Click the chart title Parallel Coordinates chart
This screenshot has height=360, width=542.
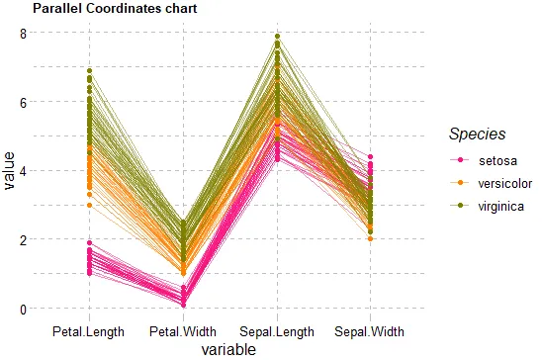tap(115, 8)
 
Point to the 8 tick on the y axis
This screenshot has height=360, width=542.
tap(23, 35)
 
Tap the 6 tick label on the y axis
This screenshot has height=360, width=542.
tap(23, 103)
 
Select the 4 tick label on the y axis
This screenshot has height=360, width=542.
tap(23, 172)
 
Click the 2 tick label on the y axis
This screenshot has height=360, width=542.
tap(23, 240)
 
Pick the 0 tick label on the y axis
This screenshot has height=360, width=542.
tap(23, 310)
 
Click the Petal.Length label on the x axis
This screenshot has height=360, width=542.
tap(88, 332)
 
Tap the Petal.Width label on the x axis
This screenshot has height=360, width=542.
tap(183, 332)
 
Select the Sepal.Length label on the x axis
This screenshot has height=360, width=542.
tap(277, 332)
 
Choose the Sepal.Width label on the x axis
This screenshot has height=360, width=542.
tap(370, 332)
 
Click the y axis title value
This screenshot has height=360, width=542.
tap(9, 171)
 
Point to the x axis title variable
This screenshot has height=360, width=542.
tap(228, 350)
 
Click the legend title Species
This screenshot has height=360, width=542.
tap(478, 135)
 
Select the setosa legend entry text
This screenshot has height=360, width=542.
tap(498, 160)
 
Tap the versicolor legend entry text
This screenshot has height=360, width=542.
tap(505, 183)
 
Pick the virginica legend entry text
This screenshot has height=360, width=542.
tap(501, 207)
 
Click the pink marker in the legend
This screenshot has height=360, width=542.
tap(460, 160)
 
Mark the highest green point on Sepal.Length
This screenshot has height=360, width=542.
tap(277, 37)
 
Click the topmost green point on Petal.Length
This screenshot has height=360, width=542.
tap(90, 71)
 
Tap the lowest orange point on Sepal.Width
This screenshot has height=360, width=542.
tap(370, 238)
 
